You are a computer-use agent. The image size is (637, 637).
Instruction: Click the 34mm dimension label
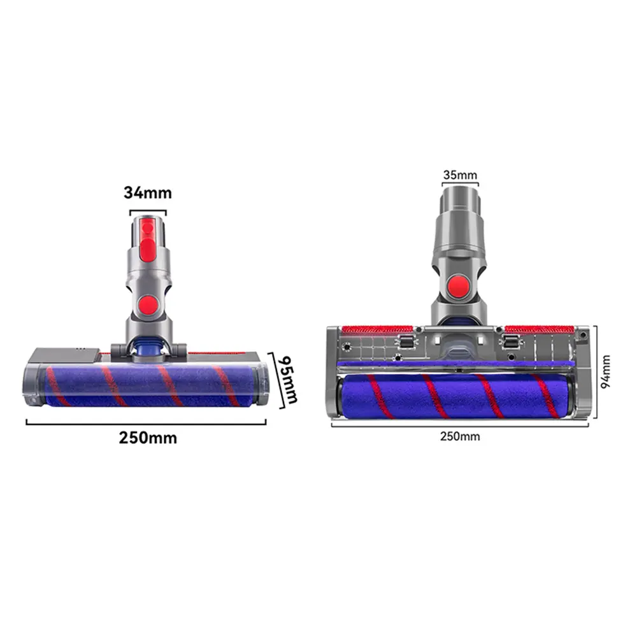[148, 192]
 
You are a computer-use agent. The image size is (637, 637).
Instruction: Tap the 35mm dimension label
[460, 175]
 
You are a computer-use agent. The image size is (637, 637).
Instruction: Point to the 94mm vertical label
[606, 371]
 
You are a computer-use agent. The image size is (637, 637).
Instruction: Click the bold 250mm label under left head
[148, 438]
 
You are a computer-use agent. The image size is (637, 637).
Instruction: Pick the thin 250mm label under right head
[460, 436]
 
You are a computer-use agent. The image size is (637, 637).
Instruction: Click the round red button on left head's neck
[148, 304]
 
